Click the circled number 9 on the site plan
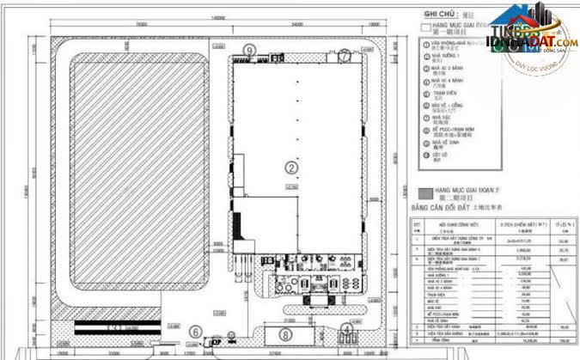coord(248,51)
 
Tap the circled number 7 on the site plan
coord(344,54)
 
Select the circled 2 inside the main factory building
coord(291,167)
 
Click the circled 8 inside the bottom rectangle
coord(284,333)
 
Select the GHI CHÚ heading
coord(437,15)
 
